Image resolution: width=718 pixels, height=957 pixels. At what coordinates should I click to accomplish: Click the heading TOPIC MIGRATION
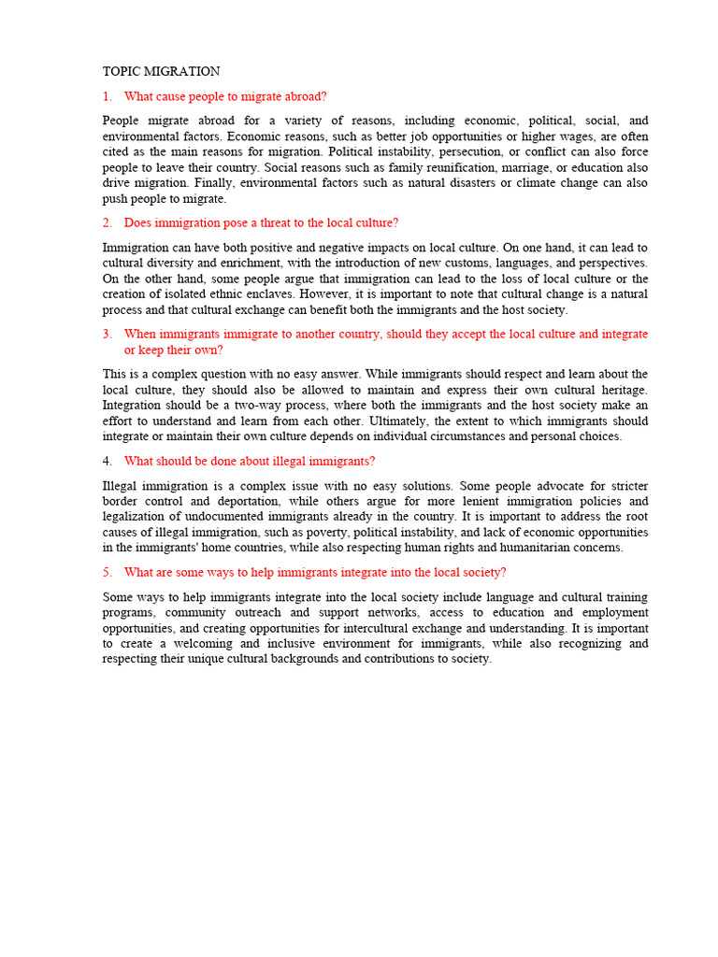coord(161,71)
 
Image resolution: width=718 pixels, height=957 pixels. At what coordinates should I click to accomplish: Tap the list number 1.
coord(107,96)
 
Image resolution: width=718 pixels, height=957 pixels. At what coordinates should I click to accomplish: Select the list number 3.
coord(107,334)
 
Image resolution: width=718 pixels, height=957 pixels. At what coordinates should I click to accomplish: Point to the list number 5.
coord(107,572)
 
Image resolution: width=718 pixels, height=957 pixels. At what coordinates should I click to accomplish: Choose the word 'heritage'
coord(620,390)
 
